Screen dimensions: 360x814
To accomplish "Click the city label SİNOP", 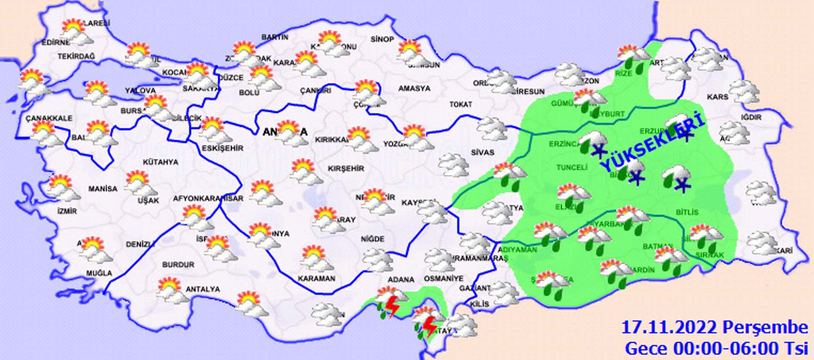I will click(x=382, y=39).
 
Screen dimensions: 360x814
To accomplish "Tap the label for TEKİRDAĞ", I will click(x=76, y=56).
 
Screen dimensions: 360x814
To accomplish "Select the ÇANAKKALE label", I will click(x=49, y=118).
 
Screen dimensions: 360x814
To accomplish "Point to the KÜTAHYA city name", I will click(x=160, y=162).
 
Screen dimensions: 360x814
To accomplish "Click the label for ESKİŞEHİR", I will click(x=223, y=148).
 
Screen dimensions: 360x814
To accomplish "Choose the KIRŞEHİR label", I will click(x=346, y=168).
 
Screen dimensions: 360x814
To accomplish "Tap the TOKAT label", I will click(x=461, y=104).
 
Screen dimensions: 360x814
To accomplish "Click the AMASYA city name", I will click(x=414, y=88).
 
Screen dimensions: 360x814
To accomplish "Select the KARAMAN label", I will click(x=316, y=279).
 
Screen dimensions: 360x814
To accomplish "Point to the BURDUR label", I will click(x=178, y=265).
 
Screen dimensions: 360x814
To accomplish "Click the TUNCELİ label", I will click(x=571, y=167).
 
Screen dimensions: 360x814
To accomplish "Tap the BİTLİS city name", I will click(x=687, y=212).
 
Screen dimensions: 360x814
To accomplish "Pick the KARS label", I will click(x=717, y=97).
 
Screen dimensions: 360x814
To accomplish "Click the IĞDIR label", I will click(x=751, y=117).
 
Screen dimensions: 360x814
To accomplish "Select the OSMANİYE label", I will click(x=443, y=279).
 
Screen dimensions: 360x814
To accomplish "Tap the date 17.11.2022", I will click(x=669, y=327).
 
